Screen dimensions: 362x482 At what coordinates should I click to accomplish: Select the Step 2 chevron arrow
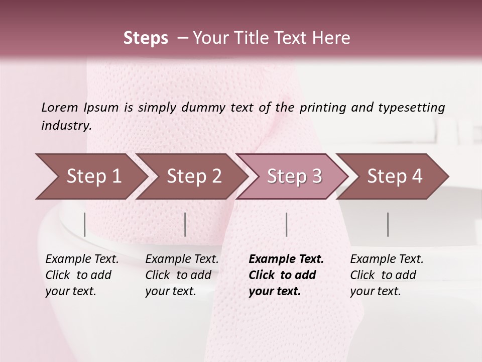click(x=194, y=176)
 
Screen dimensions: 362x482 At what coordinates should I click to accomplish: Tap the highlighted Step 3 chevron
click(x=294, y=176)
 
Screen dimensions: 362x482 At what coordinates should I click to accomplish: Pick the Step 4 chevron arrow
click(x=395, y=176)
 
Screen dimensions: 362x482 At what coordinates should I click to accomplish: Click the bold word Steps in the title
click(x=146, y=38)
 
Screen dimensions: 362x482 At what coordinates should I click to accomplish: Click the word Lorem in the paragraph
click(x=59, y=107)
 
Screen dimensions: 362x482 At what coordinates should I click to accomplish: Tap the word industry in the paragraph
click(x=66, y=126)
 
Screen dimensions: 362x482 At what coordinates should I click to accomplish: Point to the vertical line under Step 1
click(x=85, y=224)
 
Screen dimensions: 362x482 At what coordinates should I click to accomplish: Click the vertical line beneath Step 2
click(x=185, y=224)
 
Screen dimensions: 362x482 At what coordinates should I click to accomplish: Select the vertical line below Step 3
click(x=286, y=224)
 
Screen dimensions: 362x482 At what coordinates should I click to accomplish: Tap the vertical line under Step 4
click(x=388, y=224)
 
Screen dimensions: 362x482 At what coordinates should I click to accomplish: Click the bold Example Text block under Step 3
click(x=286, y=275)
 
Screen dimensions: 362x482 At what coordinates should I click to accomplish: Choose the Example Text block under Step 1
click(x=82, y=275)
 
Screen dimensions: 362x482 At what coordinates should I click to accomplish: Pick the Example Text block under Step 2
click(x=182, y=275)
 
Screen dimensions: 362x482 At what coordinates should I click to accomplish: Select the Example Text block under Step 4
click(x=387, y=275)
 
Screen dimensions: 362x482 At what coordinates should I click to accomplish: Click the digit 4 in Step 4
click(x=417, y=176)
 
